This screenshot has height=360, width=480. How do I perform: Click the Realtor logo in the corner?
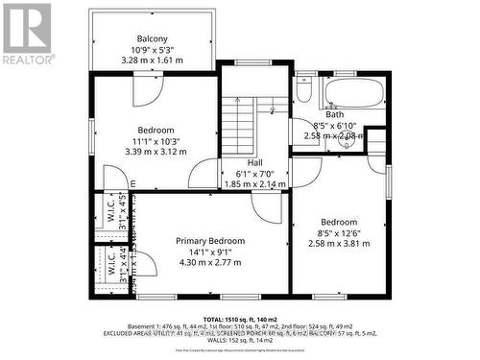27,33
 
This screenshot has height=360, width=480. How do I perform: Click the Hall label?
255,163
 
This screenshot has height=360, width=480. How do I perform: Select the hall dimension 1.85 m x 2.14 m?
255,184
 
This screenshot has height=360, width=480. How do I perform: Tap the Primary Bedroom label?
210,241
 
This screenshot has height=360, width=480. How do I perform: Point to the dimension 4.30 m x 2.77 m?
210,262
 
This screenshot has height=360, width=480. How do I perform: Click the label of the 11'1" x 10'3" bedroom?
156,130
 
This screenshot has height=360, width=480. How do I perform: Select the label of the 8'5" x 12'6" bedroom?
337,220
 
